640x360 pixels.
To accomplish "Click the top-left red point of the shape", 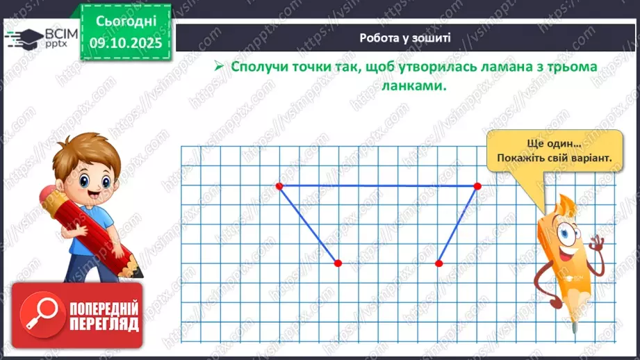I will [x=279, y=186].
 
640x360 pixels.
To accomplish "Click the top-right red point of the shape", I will [x=477, y=186].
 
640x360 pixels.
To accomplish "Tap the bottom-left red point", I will [x=338, y=263].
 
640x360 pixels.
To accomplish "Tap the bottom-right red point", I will [x=439, y=263].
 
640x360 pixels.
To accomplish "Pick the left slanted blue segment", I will [x=309, y=224].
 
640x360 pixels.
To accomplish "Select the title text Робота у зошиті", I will [x=405, y=38].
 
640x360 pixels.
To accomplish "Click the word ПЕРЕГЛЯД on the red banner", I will [x=104, y=325].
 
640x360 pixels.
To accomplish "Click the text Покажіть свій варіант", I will [x=554, y=158].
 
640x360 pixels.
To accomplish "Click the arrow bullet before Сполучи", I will [x=218, y=68].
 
